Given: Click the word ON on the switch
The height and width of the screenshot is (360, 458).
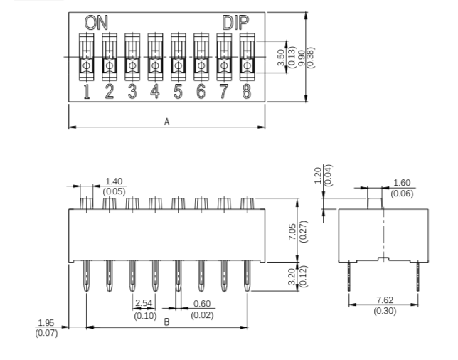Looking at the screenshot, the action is pos(96,23).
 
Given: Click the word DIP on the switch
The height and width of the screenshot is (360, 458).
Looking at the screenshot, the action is pos(235,23).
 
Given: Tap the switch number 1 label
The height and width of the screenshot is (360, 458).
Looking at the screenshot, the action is pos(87,92).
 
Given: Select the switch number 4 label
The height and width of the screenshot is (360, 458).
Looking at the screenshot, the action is pos(155,92).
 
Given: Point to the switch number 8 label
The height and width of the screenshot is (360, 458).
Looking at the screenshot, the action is pos(247,92).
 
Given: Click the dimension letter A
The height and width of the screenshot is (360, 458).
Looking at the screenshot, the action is pos(167,122).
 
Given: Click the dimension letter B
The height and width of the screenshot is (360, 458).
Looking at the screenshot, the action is pos(166,322).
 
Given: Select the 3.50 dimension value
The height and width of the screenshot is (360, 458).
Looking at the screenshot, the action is pos(281,58).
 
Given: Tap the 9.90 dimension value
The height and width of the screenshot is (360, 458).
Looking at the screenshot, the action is pos(302,58).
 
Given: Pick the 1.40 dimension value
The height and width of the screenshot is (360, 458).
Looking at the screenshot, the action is pos(114,181).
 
